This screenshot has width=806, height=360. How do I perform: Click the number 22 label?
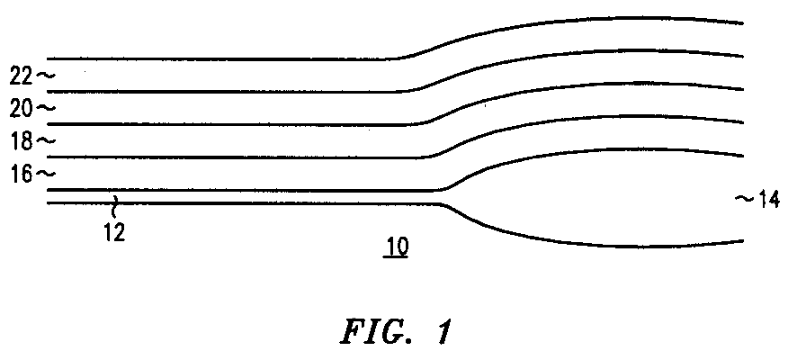(x=22, y=77)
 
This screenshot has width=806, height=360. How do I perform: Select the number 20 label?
(x=22, y=108)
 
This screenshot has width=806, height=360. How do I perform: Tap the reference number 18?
(x=22, y=141)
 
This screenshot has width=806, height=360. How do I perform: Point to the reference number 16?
(x=22, y=174)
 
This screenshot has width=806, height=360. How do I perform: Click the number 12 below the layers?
(x=114, y=232)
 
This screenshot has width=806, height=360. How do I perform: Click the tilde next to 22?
(x=45, y=76)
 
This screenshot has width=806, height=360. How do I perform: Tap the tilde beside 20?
(x=45, y=108)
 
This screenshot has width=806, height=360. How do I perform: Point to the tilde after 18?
(x=45, y=141)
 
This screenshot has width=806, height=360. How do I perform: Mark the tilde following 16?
(x=45, y=174)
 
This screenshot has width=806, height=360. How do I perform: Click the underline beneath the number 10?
(x=396, y=256)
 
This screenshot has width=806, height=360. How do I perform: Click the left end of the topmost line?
(x=48, y=59)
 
